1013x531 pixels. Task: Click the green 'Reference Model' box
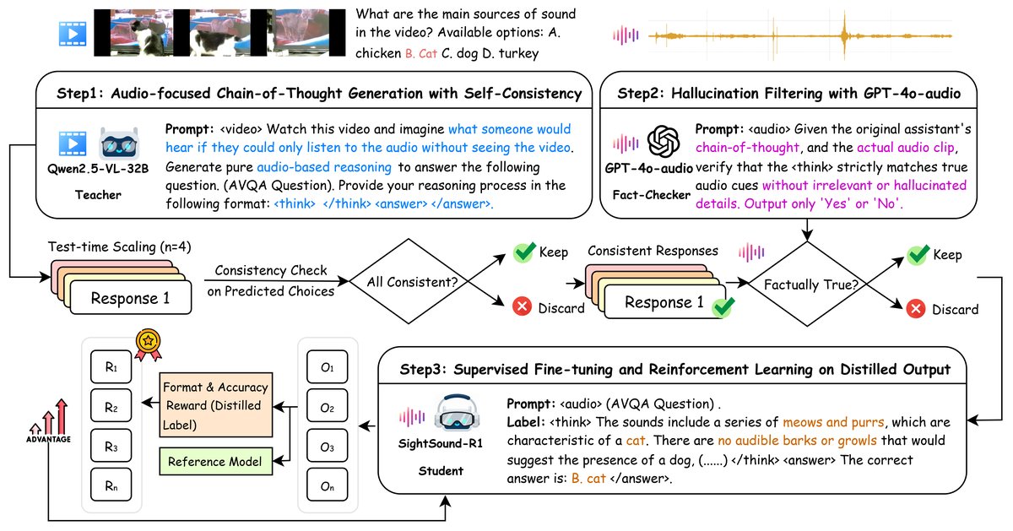[215, 461]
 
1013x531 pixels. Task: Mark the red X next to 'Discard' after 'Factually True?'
[916, 309]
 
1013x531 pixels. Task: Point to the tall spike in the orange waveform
[842, 35]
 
